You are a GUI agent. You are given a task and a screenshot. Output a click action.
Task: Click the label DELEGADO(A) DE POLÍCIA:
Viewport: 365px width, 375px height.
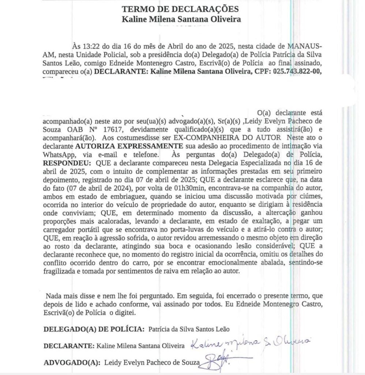[93, 328]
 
